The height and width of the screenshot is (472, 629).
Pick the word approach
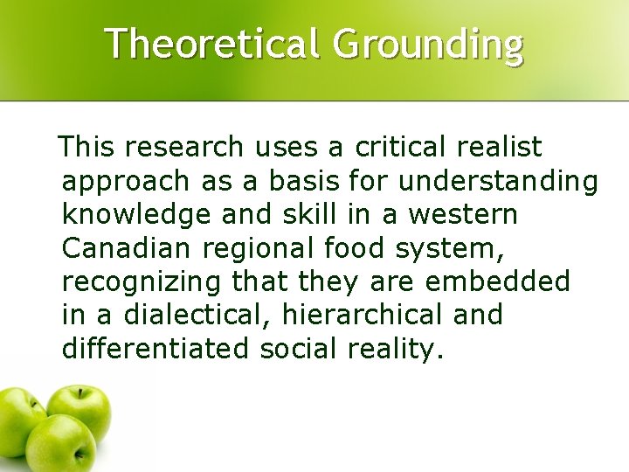point(125,183)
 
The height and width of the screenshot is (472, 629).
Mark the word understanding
point(498,183)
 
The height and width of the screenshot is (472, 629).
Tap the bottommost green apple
point(62,446)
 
